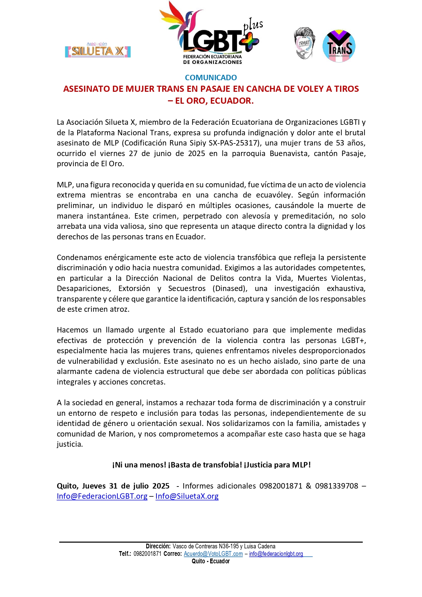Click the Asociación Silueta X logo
point(98,50)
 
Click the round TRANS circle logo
point(339,46)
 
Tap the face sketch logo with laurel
point(304,44)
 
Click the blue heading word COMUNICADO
point(211,78)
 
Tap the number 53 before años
point(340,143)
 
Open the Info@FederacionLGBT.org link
point(102,496)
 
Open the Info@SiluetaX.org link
point(187,496)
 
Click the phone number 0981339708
point(336,486)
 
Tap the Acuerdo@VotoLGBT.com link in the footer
point(213,554)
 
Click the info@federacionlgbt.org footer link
point(276,554)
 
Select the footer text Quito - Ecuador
point(211,561)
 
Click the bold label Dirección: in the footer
point(158,546)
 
